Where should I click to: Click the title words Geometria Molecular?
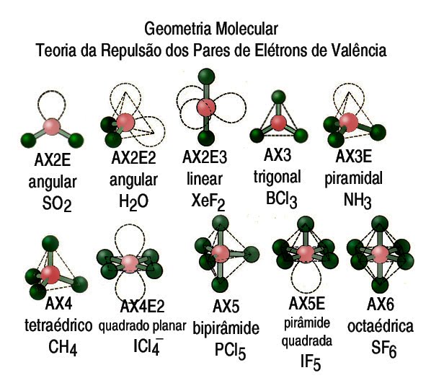211,30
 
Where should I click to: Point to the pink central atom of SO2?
52,126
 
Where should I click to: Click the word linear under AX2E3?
203,178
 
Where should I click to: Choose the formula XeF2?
208,200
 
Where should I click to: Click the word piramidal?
359,177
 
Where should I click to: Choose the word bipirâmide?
225,329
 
